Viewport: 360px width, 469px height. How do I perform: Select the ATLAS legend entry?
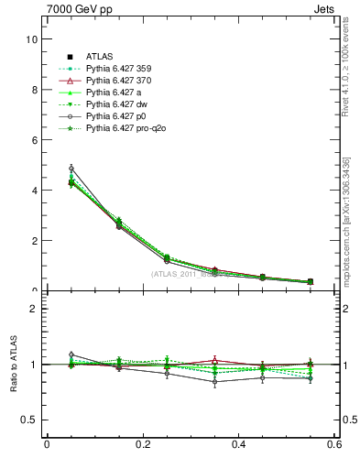click(100, 56)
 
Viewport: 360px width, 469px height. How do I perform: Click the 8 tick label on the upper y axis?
click(33, 91)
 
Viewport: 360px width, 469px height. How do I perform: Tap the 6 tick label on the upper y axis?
click(33, 141)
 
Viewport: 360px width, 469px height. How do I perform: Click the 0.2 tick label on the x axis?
click(143, 445)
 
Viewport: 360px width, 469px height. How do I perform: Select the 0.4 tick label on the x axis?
click(239, 445)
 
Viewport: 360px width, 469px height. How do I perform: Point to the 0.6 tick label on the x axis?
click(335, 445)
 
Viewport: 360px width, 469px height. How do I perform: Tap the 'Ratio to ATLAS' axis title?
click(12, 364)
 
